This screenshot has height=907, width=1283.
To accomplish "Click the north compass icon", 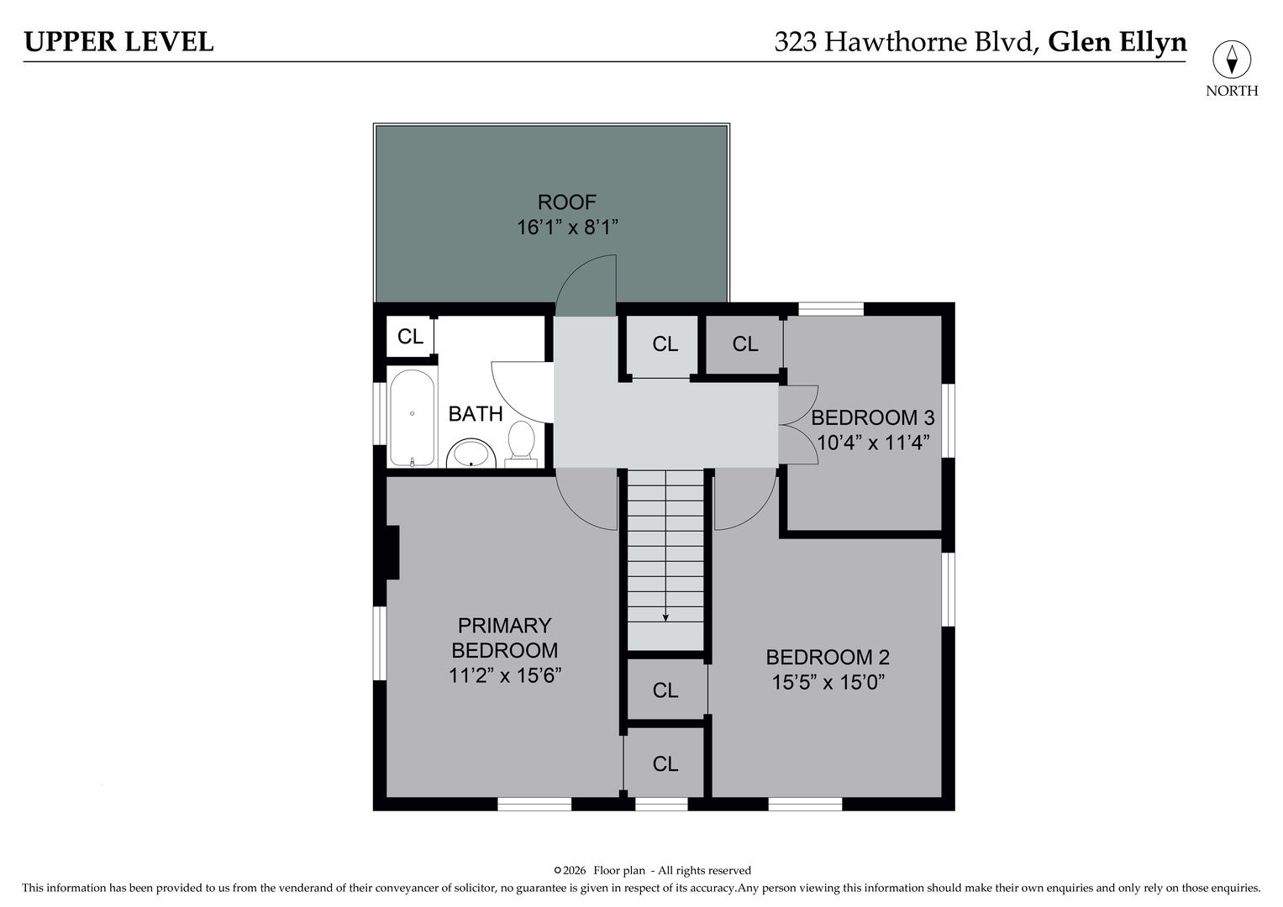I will point(1231,60).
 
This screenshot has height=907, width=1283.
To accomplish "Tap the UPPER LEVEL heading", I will point(118,41).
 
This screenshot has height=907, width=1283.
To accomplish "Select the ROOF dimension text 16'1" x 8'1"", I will point(567,227).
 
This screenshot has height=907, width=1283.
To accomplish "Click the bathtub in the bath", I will point(412,418).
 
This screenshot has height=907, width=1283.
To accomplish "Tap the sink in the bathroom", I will point(471,453).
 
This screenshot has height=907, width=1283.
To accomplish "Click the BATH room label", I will point(475,413).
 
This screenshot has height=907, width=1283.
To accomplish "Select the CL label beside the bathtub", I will point(410,337).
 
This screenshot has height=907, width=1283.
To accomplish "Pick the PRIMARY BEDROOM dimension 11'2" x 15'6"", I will point(504,675).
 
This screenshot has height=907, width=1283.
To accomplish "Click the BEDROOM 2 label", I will point(828,657).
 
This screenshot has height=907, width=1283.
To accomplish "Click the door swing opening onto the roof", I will point(586,287).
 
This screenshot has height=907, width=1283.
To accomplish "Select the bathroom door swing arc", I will point(521,391).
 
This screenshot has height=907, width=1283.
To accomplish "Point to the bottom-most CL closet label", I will point(665,763).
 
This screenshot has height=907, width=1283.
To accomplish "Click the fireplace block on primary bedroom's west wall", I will point(392,552).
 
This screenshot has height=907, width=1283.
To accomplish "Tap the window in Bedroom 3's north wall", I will point(830,309).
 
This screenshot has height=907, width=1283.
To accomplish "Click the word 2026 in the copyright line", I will point(575,870).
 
